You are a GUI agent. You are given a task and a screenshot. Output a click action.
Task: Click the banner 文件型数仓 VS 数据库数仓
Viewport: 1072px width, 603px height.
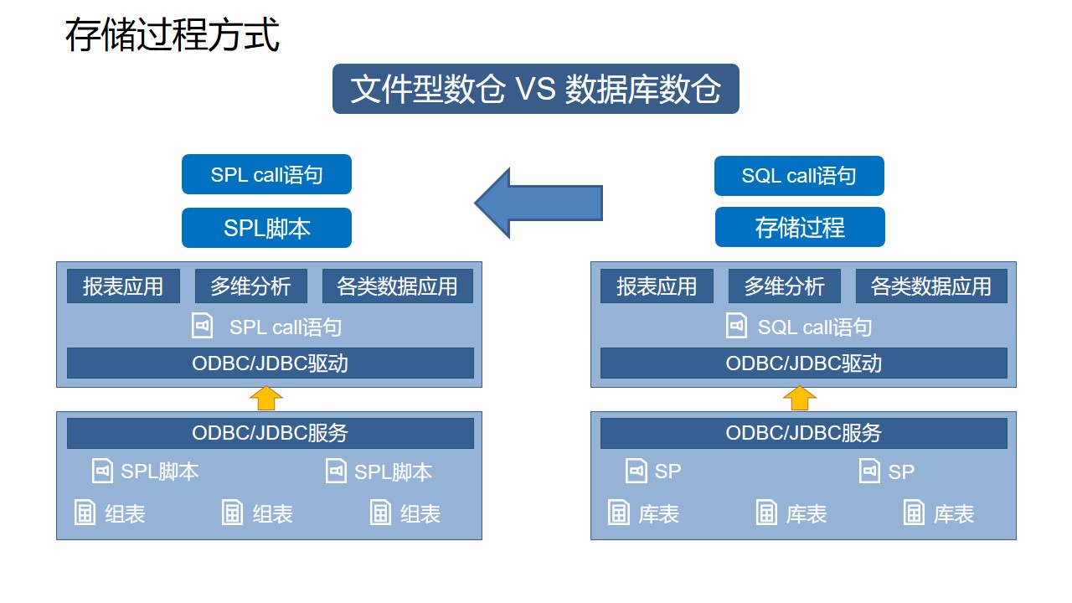tap(535, 89)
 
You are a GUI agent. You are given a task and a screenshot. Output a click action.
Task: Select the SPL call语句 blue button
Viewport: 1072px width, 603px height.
tap(266, 174)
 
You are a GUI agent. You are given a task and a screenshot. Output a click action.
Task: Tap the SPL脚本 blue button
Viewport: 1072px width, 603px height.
tap(266, 228)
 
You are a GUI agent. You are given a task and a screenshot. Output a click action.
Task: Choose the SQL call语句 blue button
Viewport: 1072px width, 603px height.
tap(799, 175)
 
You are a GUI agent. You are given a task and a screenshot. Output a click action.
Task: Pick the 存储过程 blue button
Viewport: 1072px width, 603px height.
tap(800, 227)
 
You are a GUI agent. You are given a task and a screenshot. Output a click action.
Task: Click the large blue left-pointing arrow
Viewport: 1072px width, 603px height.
tap(539, 202)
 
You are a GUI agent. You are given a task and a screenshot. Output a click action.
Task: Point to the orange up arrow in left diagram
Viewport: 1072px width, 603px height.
tap(266, 399)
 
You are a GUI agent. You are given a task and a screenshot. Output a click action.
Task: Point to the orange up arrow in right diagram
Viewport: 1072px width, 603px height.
tap(800, 399)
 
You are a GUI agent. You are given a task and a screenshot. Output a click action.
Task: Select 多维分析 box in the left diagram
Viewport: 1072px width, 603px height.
tap(250, 286)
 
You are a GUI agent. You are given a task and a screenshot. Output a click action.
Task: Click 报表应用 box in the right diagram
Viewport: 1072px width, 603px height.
tap(657, 286)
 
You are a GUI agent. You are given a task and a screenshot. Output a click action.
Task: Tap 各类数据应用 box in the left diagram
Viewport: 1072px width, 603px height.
tap(397, 286)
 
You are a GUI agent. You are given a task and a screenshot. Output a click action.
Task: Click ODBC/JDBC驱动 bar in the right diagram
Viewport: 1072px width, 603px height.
tap(803, 363)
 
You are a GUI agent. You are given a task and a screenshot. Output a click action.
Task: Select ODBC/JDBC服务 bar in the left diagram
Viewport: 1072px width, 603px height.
tap(270, 433)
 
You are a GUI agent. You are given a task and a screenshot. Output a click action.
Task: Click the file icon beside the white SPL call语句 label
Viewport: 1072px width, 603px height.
tap(203, 326)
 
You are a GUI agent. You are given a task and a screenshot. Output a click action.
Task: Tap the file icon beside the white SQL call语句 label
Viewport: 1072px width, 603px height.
tap(736, 326)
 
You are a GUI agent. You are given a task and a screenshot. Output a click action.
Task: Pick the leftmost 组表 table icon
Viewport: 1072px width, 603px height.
tap(85, 513)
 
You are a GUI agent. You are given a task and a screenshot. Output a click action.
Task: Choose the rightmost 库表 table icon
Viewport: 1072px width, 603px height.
tap(914, 513)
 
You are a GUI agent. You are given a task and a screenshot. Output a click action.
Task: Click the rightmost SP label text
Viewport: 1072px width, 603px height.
tap(901, 472)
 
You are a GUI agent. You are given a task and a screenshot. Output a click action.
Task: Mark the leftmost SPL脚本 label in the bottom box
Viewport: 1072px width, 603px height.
tap(160, 472)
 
